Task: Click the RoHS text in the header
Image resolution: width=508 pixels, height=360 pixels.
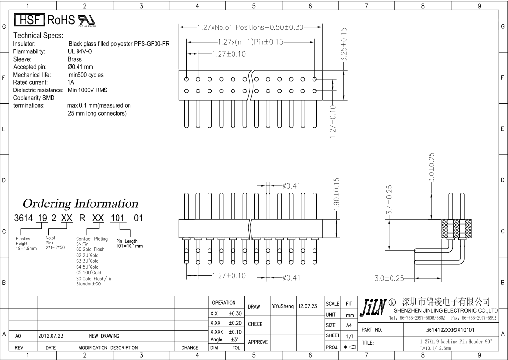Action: coord(61,20)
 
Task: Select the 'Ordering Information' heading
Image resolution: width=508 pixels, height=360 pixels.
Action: coord(80,204)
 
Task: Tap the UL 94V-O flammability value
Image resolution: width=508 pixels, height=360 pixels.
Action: coord(80,51)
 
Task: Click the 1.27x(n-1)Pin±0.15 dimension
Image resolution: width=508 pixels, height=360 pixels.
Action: coord(250,42)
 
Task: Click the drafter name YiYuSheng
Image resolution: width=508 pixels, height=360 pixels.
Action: coord(283,306)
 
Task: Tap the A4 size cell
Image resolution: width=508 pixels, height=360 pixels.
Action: coord(350,325)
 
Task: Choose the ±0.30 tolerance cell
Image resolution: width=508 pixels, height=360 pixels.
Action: coord(235,313)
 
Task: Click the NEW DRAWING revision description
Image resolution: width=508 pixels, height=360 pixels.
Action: coord(104,336)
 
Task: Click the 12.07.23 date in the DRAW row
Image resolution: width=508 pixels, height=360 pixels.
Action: coord(308,306)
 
